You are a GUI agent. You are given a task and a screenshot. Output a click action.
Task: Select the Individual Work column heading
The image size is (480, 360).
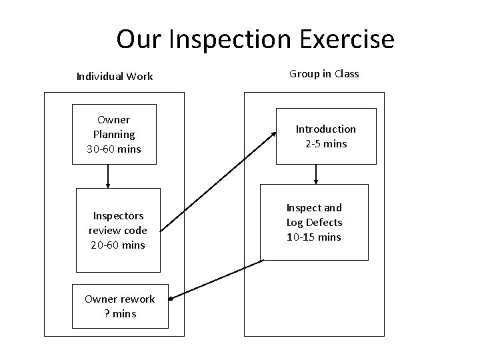pos(115,77)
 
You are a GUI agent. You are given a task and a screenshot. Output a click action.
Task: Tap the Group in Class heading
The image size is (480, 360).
pos(324,74)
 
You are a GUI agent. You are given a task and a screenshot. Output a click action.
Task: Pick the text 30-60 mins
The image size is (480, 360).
pos(115,149)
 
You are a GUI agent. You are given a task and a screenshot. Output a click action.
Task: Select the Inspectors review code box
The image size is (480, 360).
pos(118,230)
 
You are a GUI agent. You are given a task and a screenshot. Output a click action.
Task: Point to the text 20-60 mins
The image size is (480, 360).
pos(118,245)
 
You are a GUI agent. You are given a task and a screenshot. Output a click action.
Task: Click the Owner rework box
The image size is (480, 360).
pos(120,306)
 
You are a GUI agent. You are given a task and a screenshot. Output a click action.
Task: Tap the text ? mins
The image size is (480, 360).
pos(120,313)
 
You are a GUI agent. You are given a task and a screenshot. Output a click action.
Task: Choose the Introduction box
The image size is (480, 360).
pos(326,136)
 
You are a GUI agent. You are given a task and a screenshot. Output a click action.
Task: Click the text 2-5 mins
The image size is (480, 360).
pos(326,144)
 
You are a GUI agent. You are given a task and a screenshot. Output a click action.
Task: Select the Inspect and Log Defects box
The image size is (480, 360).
pos(314,222)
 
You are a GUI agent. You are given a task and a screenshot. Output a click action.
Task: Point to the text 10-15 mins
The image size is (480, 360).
pos(314,237)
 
